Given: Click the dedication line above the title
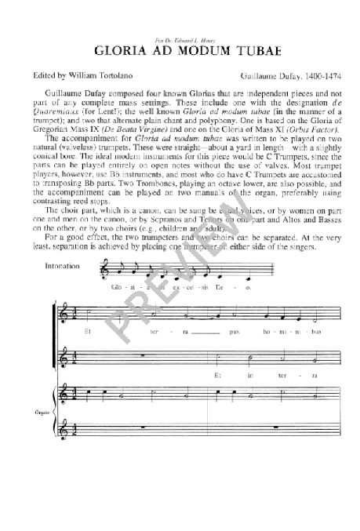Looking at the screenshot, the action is [180, 33].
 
